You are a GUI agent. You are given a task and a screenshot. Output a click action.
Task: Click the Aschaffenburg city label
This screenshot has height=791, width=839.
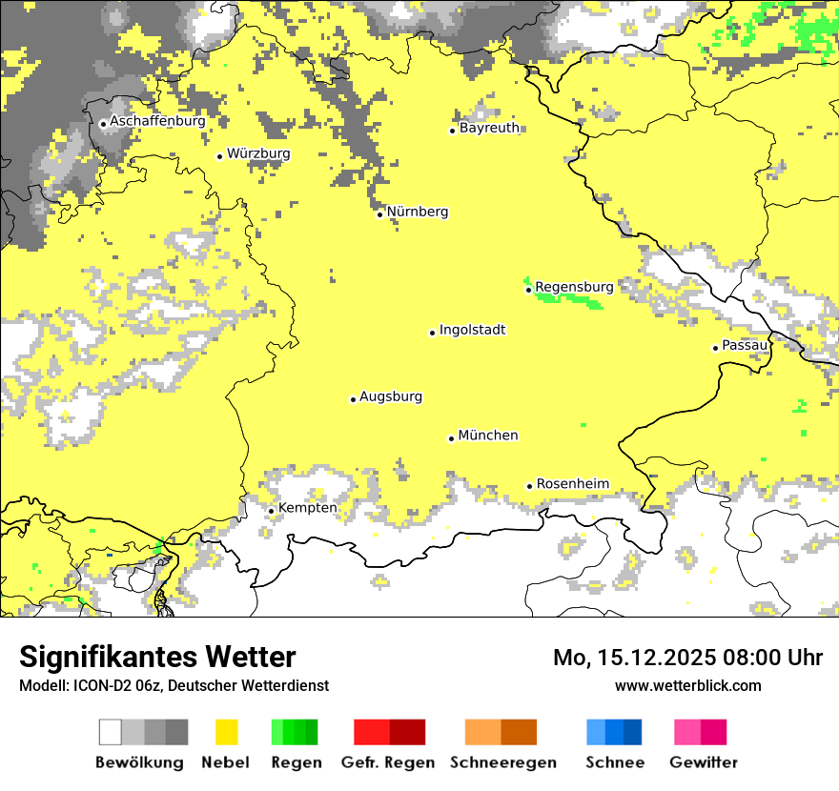[157, 122]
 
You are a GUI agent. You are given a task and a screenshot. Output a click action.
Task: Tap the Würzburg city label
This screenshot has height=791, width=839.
[258, 153]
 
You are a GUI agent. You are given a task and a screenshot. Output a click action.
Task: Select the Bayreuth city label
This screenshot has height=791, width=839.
[489, 128]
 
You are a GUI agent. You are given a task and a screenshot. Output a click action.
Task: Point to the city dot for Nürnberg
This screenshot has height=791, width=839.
[380, 214]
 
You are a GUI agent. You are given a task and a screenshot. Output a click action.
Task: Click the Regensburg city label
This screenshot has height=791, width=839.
[574, 287]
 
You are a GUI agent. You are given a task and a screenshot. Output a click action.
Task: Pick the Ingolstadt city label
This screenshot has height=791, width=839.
[472, 331]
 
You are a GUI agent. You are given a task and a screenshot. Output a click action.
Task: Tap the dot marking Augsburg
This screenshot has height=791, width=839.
[353, 399]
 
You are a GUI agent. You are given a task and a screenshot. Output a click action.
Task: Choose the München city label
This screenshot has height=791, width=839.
[488, 436]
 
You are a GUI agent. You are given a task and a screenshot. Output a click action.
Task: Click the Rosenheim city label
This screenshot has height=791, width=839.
[572, 484]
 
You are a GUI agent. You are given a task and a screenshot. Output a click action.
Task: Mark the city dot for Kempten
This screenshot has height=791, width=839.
[271, 511]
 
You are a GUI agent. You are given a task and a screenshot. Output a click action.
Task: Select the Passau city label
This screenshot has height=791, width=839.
[745, 345]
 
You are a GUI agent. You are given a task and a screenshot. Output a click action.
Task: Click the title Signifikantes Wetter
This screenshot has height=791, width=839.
[157, 658]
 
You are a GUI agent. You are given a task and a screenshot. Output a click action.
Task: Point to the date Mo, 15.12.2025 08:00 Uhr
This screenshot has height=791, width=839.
[687, 658]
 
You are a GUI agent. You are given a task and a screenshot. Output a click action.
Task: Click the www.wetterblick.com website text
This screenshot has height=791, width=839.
[687, 686]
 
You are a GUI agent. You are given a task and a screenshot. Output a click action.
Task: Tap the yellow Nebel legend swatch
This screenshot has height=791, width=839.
[227, 732]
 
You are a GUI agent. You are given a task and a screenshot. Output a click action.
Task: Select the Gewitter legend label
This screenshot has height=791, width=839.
[704, 763]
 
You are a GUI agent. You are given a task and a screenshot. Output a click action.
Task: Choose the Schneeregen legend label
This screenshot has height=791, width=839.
[503, 763]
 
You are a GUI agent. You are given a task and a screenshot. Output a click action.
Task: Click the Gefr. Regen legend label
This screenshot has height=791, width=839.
[388, 763]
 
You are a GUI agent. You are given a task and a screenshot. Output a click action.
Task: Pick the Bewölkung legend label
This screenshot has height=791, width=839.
[139, 763]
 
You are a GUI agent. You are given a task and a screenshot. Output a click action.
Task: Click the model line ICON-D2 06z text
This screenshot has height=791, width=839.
[174, 686]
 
